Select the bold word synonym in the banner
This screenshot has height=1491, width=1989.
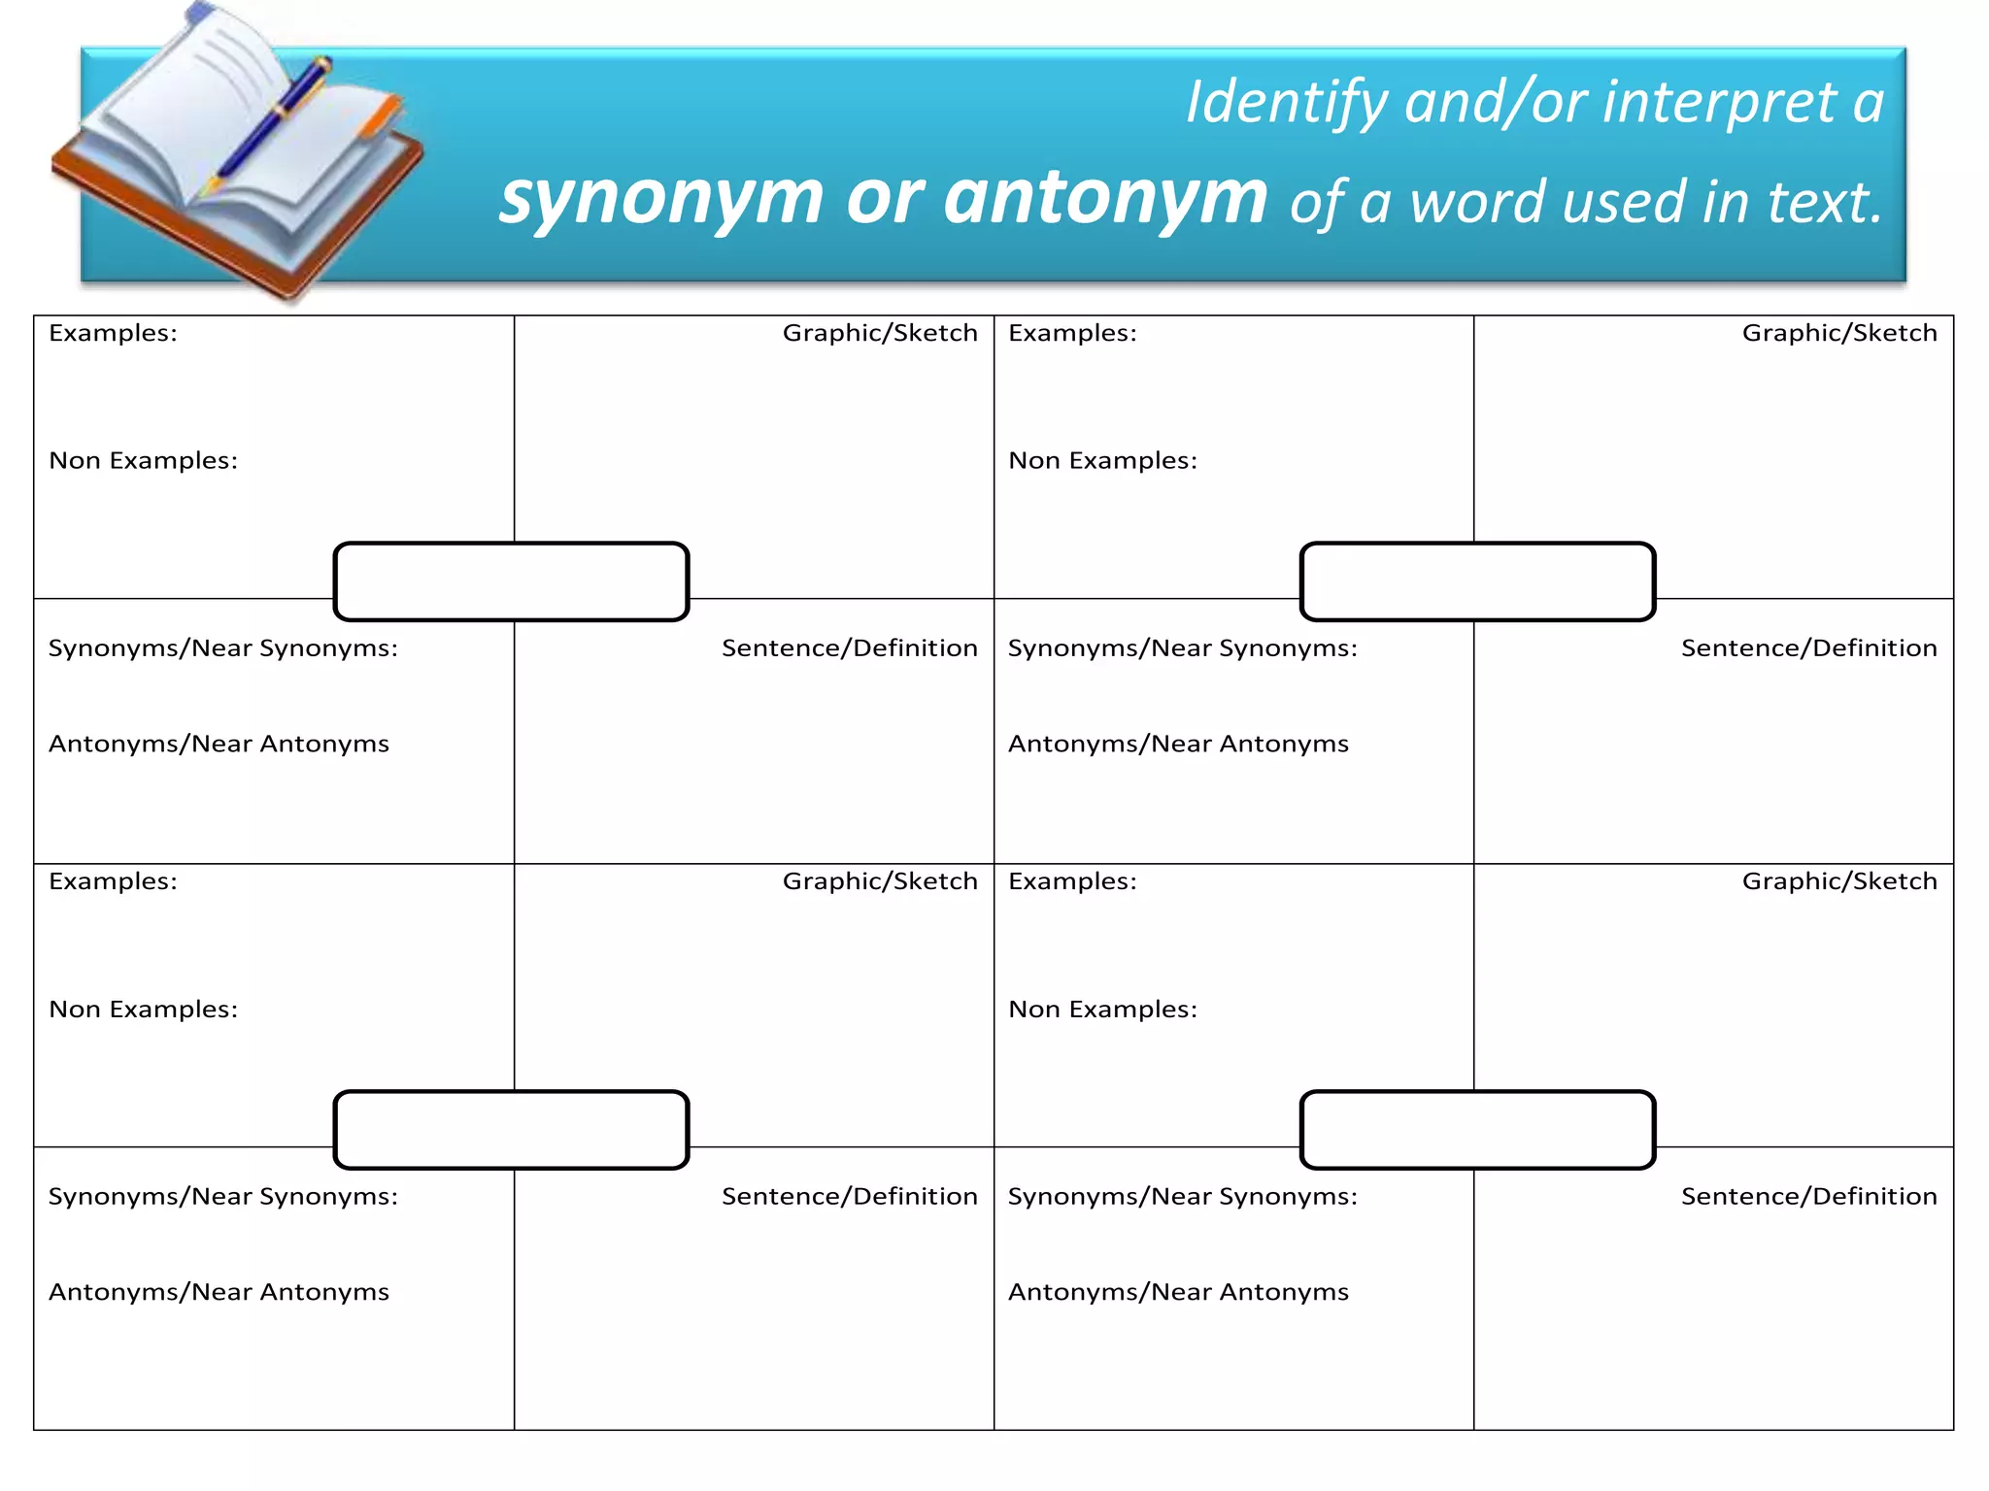(661, 198)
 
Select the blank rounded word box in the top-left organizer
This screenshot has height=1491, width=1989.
(511, 581)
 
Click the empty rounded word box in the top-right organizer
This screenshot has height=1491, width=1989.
(1477, 581)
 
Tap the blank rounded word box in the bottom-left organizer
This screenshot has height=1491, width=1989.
(511, 1130)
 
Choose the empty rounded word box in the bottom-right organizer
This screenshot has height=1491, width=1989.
(1477, 1130)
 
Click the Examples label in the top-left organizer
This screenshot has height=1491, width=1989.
(113, 333)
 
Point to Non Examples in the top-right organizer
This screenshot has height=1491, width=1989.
(1102, 460)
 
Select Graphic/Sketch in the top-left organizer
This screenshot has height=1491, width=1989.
(880, 333)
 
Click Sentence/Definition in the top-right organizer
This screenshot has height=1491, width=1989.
(1808, 648)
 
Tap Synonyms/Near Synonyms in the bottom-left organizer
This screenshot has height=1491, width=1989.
(223, 1197)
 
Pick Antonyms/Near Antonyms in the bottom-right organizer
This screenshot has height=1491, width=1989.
(1178, 1292)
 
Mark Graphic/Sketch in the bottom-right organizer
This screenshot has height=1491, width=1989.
(1839, 881)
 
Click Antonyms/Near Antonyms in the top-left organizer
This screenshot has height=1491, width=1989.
(219, 744)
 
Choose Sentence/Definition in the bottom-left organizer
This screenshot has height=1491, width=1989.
(849, 1197)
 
